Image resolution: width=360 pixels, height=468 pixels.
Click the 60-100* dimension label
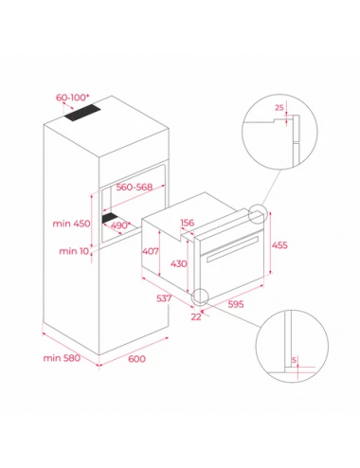click(x=71, y=98)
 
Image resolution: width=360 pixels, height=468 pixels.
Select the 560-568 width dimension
click(x=135, y=187)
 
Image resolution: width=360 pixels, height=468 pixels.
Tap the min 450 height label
click(x=71, y=224)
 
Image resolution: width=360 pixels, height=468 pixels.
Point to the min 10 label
click(x=74, y=251)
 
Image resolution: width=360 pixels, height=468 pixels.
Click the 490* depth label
click(x=120, y=225)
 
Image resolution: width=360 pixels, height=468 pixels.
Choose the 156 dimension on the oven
click(x=188, y=223)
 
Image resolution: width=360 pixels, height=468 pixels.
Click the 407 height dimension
click(x=151, y=251)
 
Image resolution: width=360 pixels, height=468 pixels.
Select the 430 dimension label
click(x=179, y=263)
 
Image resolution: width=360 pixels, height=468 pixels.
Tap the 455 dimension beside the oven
click(x=279, y=245)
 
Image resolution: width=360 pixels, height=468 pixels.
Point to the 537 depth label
click(x=164, y=298)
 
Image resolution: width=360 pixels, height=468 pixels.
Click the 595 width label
click(x=236, y=304)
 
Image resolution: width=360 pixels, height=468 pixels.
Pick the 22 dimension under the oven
click(x=196, y=316)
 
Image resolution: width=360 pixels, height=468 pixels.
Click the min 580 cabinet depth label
click(x=62, y=358)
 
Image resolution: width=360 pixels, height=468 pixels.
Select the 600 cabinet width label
click(x=137, y=359)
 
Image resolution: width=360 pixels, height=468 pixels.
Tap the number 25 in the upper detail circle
click(x=279, y=108)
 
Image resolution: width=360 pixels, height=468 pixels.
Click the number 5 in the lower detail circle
click(x=295, y=360)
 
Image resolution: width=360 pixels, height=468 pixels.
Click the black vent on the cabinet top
click(x=82, y=113)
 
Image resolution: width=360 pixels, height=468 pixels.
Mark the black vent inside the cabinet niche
click(x=110, y=218)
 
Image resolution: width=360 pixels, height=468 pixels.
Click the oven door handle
click(x=233, y=248)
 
